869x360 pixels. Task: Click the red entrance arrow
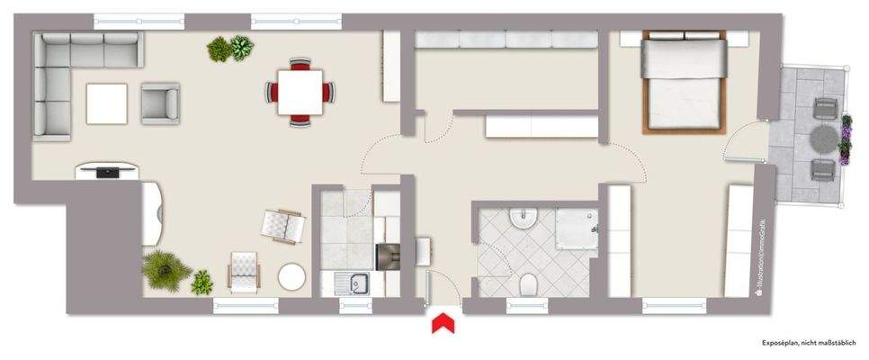442,322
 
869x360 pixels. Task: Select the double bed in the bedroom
684,83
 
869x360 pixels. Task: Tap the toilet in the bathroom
529,285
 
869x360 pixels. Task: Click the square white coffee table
107,103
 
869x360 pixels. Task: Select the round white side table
291,276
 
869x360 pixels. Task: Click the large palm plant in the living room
162,267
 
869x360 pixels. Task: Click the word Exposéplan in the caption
782,344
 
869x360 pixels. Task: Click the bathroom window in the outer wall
532,307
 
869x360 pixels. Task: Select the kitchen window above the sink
355,307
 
